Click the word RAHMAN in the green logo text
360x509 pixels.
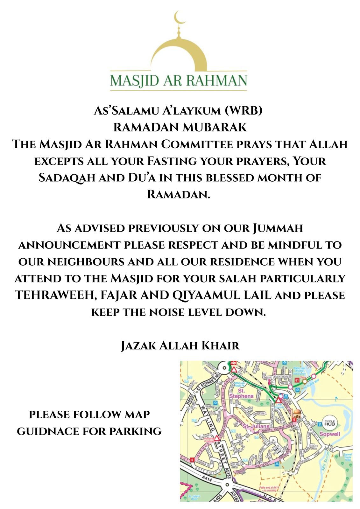coord(216,80)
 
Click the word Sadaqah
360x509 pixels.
coord(67,178)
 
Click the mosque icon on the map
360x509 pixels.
coord(297,414)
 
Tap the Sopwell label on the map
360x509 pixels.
coord(330,434)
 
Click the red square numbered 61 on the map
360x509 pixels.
coord(297,380)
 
